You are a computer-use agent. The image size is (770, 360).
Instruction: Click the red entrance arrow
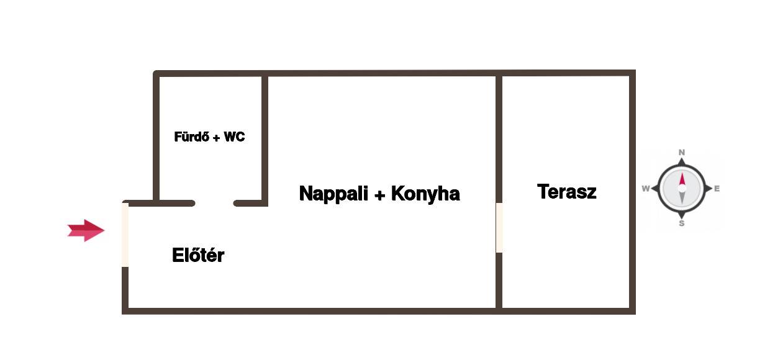tap(86, 230)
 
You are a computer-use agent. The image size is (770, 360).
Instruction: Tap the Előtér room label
tap(198, 255)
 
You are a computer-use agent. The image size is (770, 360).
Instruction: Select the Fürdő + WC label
tap(209, 137)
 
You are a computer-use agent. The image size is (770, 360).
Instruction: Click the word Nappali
tap(333, 194)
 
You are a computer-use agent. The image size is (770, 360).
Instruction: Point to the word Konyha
tap(425, 194)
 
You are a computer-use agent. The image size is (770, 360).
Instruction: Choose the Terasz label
tap(566, 191)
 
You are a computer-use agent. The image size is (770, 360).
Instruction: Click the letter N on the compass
tap(682, 152)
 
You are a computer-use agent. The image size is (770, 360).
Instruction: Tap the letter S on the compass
tap(682, 223)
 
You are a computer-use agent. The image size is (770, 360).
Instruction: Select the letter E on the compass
tap(717, 188)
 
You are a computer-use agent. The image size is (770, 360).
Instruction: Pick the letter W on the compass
tap(646, 188)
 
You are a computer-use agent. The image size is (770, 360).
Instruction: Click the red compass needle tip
tap(682, 172)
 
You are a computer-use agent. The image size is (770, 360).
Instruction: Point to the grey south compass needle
tap(682, 198)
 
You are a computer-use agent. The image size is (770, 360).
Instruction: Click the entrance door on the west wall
tap(125, 235)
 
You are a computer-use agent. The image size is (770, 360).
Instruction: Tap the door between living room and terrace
tap(499, 227)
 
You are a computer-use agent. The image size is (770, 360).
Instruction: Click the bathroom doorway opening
tap(214, 204)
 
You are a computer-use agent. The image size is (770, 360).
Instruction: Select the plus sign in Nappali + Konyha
tap(379, 195)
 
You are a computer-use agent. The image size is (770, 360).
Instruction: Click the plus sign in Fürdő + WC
tap(216, 138)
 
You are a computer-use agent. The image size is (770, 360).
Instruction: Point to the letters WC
tap(234, 137)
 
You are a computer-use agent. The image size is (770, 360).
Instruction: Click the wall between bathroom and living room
tap(265, 141)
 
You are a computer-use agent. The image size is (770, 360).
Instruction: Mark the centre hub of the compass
tap(682, 188)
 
